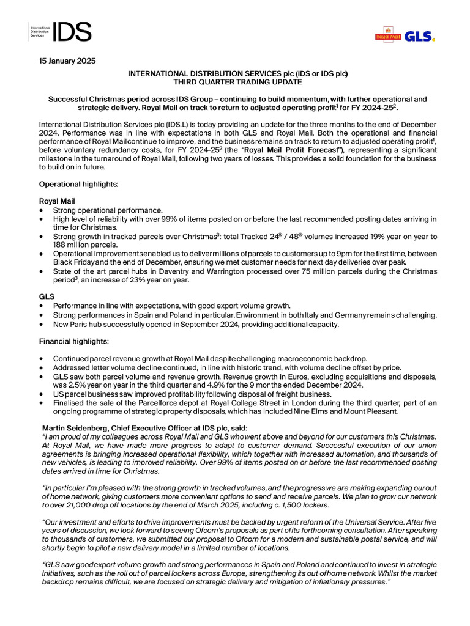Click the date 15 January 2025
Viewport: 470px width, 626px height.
(x=67, y=61)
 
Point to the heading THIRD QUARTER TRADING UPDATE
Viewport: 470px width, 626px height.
(x=237, y=82)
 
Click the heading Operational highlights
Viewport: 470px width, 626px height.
(x=78, y=183)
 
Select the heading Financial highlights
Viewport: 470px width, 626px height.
(x=74, y=341)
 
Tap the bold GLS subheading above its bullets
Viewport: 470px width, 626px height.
(x=47, y=296)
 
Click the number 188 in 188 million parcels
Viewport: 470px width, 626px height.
(x=61, y=245)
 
